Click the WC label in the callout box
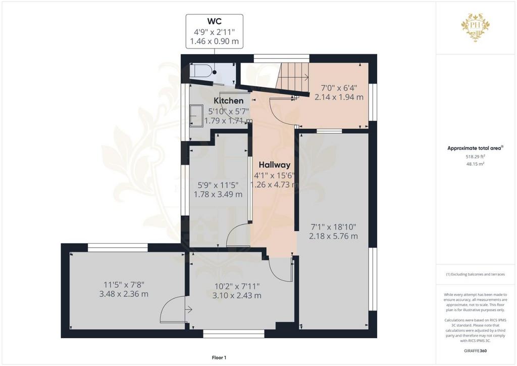[x=214, y=21]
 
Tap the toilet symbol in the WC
[x=200, y=71]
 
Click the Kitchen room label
[x=229, y=101]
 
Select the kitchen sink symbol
[x=196, y=115]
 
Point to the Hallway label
[x=274, y=165]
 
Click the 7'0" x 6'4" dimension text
[x=339, y=88]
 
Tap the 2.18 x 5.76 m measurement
[x=333, y=236]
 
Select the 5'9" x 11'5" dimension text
[x=218, y=185]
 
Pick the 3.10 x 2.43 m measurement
[x=237, y=295]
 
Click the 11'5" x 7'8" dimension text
[x=124, y=285]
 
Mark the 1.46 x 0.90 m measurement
[x=214, y=41]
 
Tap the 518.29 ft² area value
[x=475, y=157]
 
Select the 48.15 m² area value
[x=475, y=164]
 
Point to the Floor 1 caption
[x=219, y=357]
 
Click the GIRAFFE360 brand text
[x=475, y=351]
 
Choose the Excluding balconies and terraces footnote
[x=475, y=274]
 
